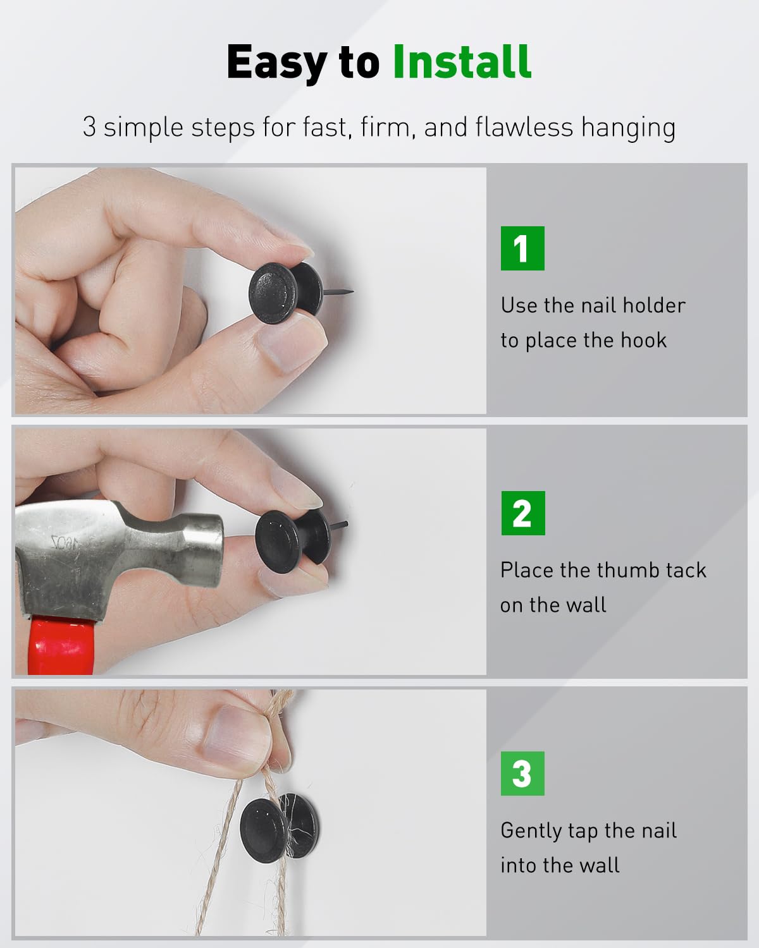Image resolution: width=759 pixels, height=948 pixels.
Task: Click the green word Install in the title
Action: click(462, 62)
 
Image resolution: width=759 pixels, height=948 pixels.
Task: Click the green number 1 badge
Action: click(522, 248)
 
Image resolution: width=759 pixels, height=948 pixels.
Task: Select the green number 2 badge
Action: click(523, 513)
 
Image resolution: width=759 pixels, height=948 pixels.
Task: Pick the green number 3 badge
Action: click(522, 774)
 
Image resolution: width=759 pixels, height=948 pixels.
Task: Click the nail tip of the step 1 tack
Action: click(353, 291)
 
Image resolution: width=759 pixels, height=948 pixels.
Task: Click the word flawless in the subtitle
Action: click(524, 127)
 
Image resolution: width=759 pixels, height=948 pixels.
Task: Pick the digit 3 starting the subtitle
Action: click(89, 127)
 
